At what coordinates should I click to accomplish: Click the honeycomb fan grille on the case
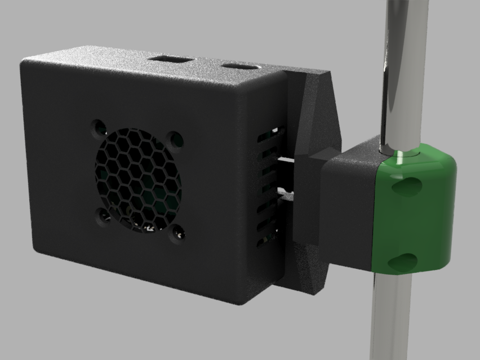[139, 179]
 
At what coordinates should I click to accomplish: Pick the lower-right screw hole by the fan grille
[178, 232]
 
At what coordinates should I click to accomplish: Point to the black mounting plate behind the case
[315, 113]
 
